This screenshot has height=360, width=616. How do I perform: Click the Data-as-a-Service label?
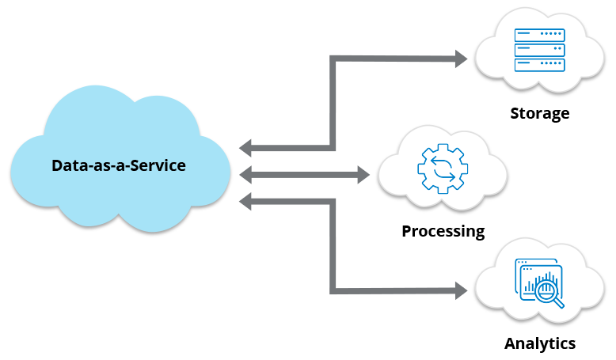(119, 165)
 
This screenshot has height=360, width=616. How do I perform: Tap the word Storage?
(539, 113)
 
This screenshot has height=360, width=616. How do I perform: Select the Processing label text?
(443, 231)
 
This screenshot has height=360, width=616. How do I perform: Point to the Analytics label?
(539, 343)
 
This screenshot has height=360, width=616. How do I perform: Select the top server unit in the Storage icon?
(538, 35)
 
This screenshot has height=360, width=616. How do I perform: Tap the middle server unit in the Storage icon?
(538, 49)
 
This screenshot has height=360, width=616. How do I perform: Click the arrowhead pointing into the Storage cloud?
(461, 57)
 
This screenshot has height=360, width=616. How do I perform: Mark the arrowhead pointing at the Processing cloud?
(363, 173)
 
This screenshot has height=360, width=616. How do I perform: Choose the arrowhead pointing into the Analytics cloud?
(461, 290)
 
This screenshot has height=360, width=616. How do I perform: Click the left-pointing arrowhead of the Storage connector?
(245, 147)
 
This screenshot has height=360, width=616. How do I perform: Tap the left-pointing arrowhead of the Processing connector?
(245, 173)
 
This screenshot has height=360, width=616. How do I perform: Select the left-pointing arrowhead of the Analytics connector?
(245, 201)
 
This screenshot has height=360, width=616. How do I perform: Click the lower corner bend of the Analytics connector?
(333, 290)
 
